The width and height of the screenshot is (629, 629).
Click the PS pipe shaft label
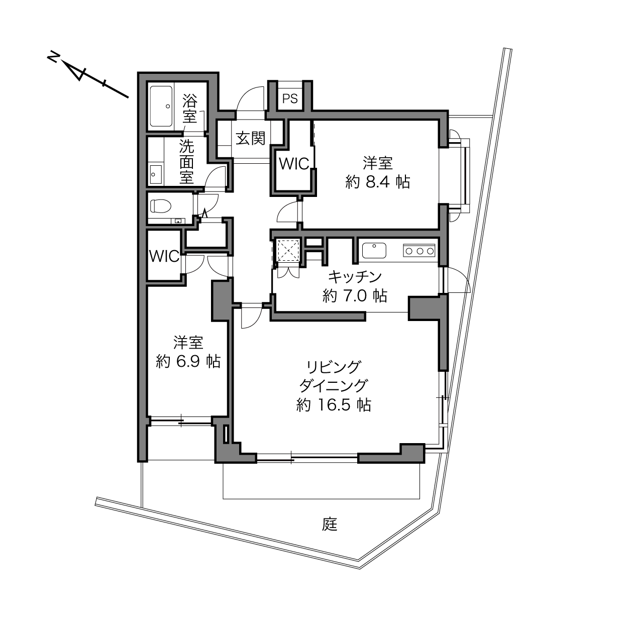pyautogui.click(x=290, y=98)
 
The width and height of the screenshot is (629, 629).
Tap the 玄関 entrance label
pyautogui.click(x=250, y=138)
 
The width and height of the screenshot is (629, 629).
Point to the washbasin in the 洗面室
pyautogui.click(x=156, y=174)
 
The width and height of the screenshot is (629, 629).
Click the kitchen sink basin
pyautogui.click(x=374, y=250)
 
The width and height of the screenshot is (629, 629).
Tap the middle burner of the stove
pyautogui.click(x=420, y=251)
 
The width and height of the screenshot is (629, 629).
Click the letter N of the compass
pyautogui.click(x=53, y=58)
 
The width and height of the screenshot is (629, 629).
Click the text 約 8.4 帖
pyautogui.click(x=378, y=182)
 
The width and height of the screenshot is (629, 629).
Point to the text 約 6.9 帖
pyautogui.click(x=188, y=362)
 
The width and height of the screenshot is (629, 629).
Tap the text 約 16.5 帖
pyautogui.click(x=334, y=405)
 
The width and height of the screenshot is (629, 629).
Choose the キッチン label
pyautogui.click(x=355, y=277)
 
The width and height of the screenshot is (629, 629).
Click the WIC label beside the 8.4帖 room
pyautogui.click(x=294, y=164)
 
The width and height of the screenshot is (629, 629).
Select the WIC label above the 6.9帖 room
pyautogui.click(x=164, y=256)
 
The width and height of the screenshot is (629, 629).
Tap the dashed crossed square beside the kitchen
pyautogui.click(x=288, y=250)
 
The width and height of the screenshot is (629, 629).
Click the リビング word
pyautogui.click(x=334, y=367)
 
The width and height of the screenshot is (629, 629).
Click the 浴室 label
pyautogui.click(x=189, y=109)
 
